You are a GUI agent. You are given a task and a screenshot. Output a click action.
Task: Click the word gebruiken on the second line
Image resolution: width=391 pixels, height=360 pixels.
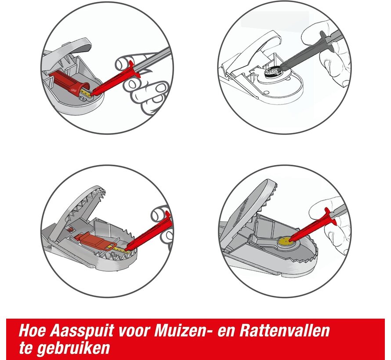73,349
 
